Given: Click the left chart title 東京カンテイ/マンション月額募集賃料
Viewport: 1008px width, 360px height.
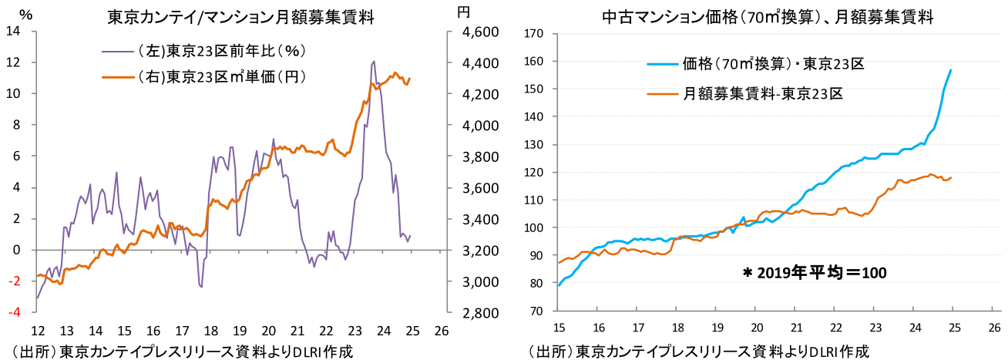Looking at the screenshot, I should [240, 16].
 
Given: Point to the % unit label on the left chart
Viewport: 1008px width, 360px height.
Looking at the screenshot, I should [25, 14].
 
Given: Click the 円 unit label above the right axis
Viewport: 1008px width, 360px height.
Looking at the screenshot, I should [462, 12].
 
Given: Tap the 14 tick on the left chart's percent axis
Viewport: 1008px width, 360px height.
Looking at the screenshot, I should [13, 31].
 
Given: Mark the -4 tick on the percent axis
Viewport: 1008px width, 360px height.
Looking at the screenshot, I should [15, 312].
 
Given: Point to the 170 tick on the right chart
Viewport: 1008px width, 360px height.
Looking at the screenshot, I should [535, 33].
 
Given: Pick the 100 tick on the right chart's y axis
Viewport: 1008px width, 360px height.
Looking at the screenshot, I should [535, 227].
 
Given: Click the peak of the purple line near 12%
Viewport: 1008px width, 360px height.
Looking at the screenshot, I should [374, 61].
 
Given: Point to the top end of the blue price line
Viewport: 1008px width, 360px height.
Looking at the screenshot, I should [951, 70].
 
